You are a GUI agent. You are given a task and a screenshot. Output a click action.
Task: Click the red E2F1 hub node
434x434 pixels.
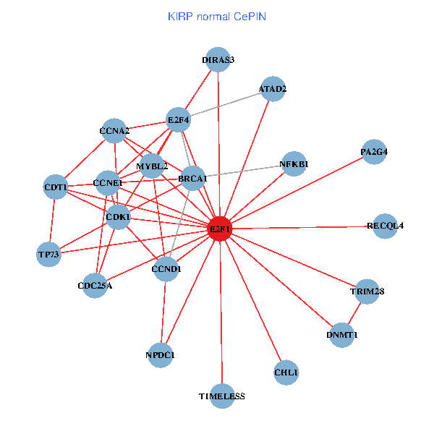point(219,229)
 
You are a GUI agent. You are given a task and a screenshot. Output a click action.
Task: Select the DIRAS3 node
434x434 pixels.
point(218,60)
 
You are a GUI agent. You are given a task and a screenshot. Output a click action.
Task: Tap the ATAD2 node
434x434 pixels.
point(273,89)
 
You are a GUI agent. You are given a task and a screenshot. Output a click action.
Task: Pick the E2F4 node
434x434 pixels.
point(178,119)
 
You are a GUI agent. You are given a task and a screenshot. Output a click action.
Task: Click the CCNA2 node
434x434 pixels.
point(114,131)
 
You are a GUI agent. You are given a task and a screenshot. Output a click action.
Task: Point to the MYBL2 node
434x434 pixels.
point(152,166)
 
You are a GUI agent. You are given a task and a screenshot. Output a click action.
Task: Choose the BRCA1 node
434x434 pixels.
point(192,178)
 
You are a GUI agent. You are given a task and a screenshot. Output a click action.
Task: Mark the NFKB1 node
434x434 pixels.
point(294,164)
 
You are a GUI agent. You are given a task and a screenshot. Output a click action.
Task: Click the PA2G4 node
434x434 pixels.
point(374,152)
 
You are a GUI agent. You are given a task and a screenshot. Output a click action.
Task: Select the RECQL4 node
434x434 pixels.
point(386,226)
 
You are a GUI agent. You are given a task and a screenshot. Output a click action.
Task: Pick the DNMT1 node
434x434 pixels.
point(342,335)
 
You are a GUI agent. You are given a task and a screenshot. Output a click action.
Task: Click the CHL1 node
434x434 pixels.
point(286,372)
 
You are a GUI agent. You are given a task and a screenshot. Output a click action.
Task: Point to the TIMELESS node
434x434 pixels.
point(222,396)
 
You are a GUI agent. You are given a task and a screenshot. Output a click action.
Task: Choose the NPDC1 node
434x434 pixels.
point(161,354)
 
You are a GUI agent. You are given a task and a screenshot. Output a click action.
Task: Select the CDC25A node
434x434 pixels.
point(95,285)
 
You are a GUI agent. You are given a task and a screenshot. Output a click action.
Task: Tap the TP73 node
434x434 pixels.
point(49,254)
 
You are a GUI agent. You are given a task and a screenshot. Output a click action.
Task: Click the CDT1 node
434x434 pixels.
point(56,188)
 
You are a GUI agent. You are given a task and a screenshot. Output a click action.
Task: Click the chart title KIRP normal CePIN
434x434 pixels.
point(216,16)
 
